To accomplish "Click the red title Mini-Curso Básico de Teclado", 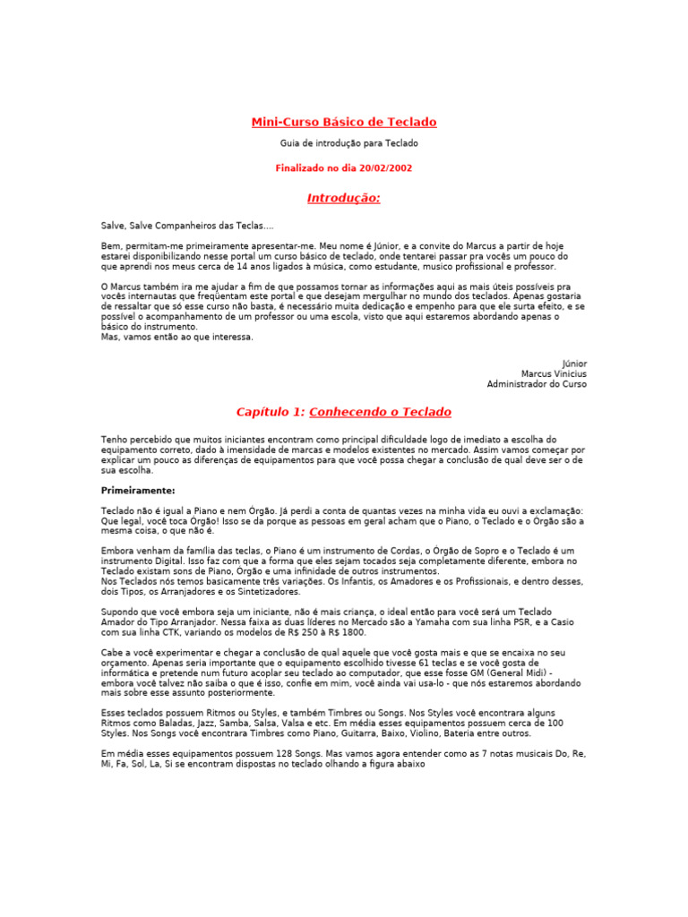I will tap(344, 122).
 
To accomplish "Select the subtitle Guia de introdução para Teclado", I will tap(344, 143).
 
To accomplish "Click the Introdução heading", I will tap(344, 198).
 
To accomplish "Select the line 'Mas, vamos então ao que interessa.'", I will tap(177, 338).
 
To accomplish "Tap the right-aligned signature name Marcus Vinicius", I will tap(555, 373).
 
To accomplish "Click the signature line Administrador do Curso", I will tap(537, 384).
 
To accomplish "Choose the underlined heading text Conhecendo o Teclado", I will tap(381, 412).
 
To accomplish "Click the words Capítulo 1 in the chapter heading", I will tap(270, 412).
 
